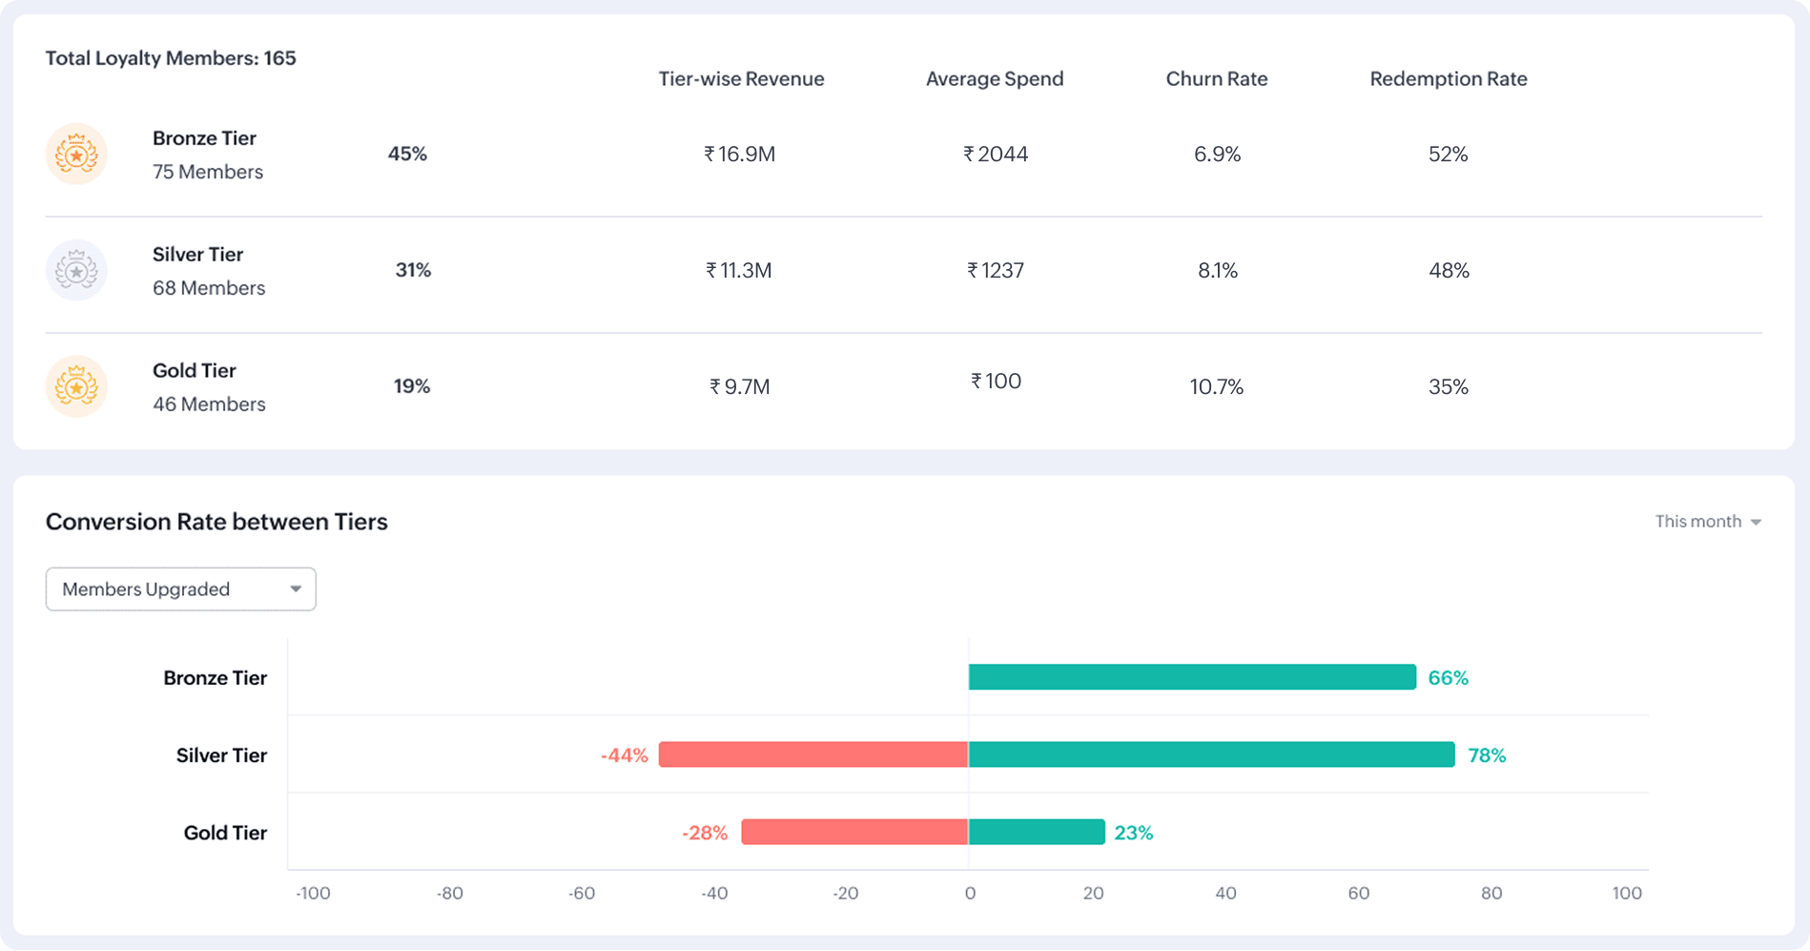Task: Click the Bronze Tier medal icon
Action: pos(76,154)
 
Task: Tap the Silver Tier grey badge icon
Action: pos(76,270)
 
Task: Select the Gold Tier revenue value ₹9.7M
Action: pos(739,386)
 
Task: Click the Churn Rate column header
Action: pos(1216,79)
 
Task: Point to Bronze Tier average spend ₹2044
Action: pos(996,154)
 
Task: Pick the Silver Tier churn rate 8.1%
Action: pos(1217,270)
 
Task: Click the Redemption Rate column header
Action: pos(1448,79)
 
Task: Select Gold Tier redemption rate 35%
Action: pos(1448,386)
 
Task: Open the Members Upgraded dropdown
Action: pos(180,589)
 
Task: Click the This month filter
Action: pos(1707,521)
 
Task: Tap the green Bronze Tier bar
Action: pos(1192,677)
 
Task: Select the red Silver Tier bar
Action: pos(813,755)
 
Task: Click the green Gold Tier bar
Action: pos(1037,832)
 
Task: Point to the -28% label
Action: pos(704,833)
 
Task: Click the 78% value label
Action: pos(1486,755)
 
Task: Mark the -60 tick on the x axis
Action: pos(581,894)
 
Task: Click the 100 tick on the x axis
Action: pos(1626,894)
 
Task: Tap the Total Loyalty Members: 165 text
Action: pos(171,58)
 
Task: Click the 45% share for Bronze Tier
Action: pos(407,154)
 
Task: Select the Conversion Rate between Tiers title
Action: pos(216,522)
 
